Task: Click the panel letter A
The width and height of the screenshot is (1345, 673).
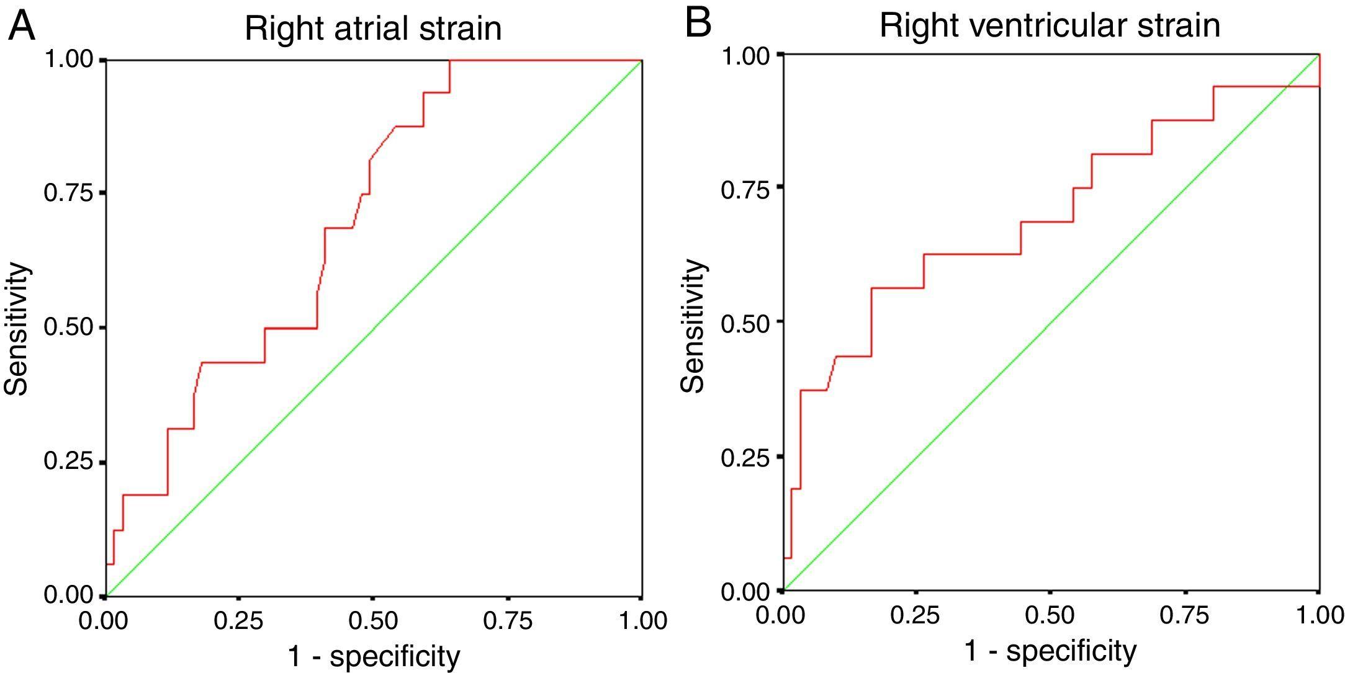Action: coord(22,27)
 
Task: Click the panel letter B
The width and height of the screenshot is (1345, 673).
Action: coord(698,24)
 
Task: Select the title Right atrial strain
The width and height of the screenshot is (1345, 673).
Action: coord(373,29)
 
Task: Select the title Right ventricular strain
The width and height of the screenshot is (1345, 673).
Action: coord(1050,25)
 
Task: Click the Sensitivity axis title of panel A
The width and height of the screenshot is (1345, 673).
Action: coord(17,328)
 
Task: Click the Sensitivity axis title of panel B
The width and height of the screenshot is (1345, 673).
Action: coord(693,326)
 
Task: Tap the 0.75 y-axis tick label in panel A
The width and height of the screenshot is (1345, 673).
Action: coord(68,193)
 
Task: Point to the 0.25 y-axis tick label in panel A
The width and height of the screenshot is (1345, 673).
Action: coord(68,462)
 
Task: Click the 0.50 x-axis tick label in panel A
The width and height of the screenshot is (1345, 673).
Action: coord(373,621)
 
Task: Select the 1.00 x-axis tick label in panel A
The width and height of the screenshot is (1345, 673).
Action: coord(642,621)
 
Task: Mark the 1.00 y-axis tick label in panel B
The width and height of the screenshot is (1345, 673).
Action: coord(745,55)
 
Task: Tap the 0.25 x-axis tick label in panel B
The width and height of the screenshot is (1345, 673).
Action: coord(915,616)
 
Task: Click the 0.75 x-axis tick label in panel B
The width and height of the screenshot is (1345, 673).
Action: coord(1184,616)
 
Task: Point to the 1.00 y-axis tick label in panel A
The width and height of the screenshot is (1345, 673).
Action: coord(68,60)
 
